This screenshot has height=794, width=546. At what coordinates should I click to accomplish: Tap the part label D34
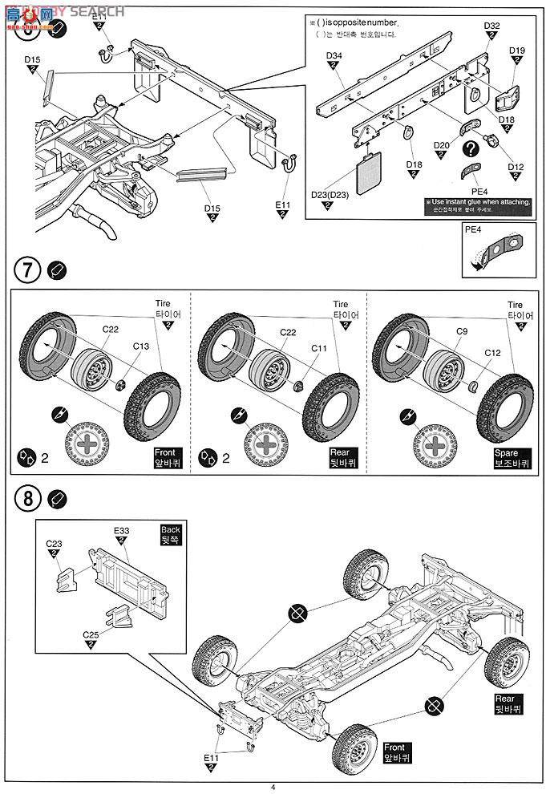pos(335,55)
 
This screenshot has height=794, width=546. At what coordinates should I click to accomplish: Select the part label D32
pos(491,26)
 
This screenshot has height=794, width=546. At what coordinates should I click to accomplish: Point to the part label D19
pos(517,51)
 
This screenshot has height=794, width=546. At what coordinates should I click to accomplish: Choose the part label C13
pos(142,346)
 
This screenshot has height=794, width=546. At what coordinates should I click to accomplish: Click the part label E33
pos(122,531)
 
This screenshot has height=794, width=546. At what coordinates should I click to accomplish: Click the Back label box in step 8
pos(171,534)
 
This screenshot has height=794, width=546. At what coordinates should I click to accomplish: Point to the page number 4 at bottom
pos(273,787)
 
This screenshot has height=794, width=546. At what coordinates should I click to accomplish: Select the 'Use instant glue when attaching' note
pos(479,205)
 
